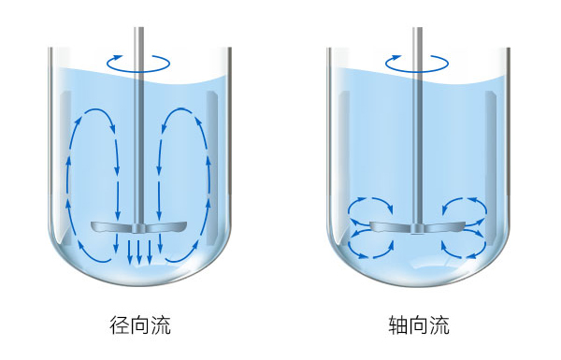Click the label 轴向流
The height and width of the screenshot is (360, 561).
tap(419, 325)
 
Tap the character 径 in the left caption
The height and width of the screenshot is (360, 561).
tap(120, 325)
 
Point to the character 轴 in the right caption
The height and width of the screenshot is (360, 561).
tap(398, 325)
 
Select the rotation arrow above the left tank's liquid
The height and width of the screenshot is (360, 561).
tap(138, 64)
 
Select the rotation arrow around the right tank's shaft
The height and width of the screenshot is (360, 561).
tap(416, 64)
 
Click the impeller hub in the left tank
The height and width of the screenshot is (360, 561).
tap(139, 227)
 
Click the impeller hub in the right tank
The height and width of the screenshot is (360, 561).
tap(416, 227)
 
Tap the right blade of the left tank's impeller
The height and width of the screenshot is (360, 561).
tap(165, 227)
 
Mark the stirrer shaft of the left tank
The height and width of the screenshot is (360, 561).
tap(139, 140)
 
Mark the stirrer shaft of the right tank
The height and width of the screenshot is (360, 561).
tap(416, 140)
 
